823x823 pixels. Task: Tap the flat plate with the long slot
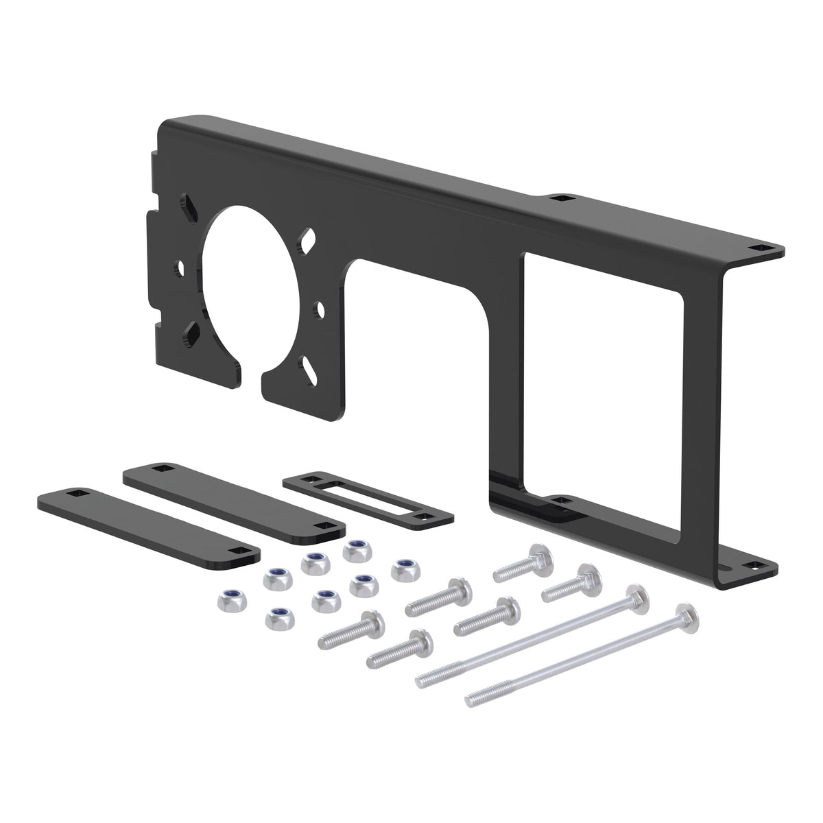[367, 498]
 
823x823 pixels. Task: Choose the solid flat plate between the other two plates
[233, 497]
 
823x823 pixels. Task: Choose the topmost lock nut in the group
[355, 549]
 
